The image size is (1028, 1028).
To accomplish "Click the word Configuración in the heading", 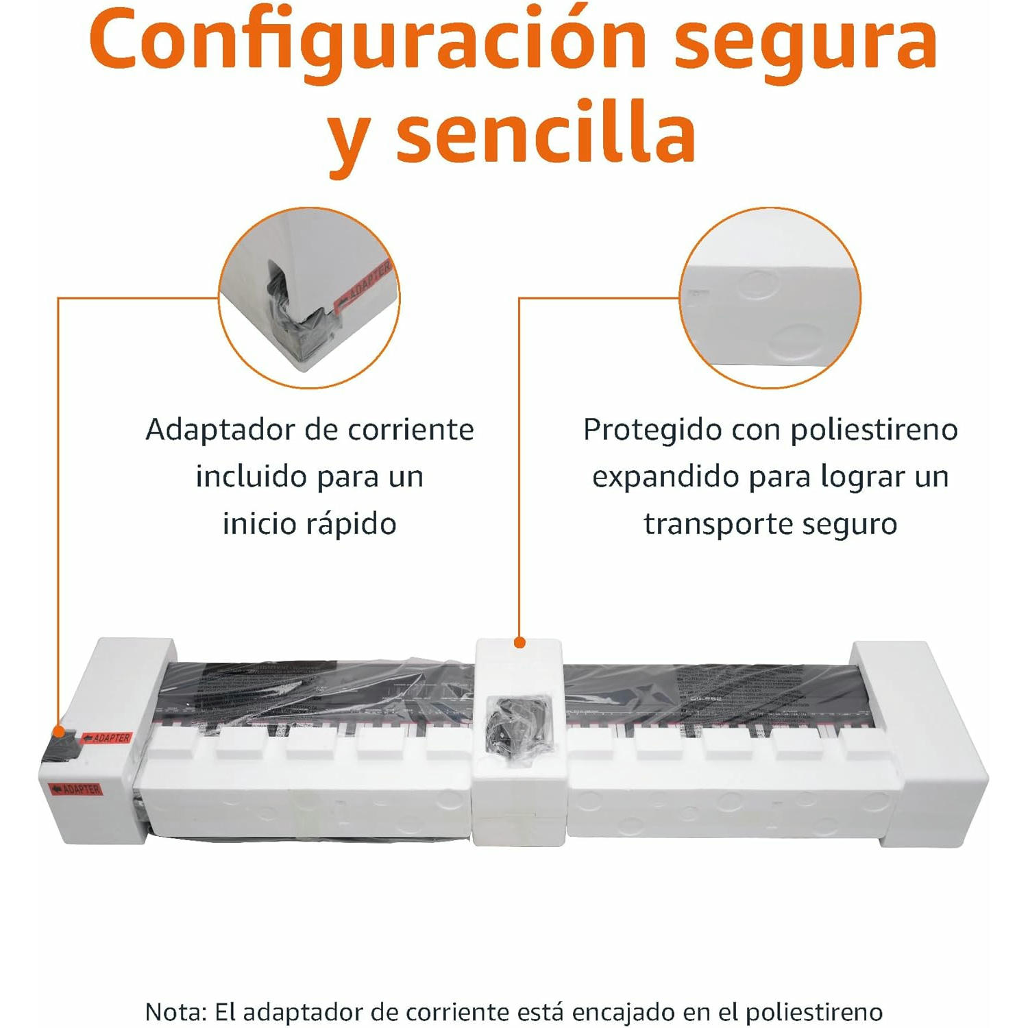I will tap(367, 42).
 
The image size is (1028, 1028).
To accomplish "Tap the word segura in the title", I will tap(805, 42).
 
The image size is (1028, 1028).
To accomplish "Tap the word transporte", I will tap(717, 524).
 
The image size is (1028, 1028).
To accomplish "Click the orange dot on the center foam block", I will tap(519, 642).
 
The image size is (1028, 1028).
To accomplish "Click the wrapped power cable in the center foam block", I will tap(518, 731).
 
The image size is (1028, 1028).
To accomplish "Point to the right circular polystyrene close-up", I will tap(770, 297).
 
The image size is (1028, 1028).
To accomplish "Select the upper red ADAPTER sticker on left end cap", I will tap(107, 738).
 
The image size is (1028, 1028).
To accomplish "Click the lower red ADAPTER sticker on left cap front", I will tap(76, 790).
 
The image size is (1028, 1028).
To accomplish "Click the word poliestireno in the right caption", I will tap(874, 430).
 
